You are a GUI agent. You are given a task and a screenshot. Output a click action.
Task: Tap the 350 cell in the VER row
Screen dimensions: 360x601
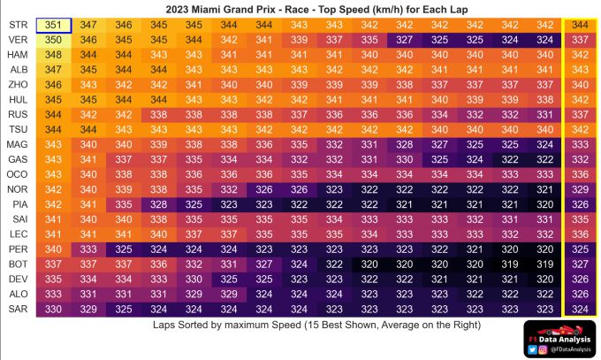pyautogui.click(x=53, y=41)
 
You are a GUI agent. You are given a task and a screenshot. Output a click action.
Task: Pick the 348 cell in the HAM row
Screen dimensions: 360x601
pyautogui.click(x=53, y=55)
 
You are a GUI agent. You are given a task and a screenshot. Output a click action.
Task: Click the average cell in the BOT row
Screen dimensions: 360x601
pyautogui.click(x=581, y=264)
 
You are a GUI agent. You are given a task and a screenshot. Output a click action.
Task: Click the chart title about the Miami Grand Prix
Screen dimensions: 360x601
pyautogui.click(x=300, y=8)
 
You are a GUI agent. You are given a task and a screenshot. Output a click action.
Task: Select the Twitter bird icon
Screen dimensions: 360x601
pyautogui.click(x=531, y=350)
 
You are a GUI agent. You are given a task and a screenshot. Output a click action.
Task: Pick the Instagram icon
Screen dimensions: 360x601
pyautogui.click(x=541, y=350)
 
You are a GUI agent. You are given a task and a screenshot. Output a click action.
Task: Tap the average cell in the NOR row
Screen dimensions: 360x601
pyautogui.click(x=581, y=189)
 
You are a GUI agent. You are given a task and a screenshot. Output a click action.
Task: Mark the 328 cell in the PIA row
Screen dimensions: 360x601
pyautogui.click(x=159, y=204)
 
